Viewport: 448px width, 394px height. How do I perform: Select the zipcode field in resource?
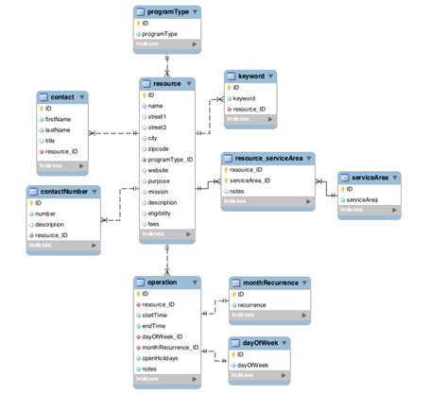160,148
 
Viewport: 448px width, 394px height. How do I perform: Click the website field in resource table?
160,171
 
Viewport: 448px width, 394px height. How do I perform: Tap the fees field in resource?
155,225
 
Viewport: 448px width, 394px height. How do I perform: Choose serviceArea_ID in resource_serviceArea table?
250,180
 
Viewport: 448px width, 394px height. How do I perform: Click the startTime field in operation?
158,316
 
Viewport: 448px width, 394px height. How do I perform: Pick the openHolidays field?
163,358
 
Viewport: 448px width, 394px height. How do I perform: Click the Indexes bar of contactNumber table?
60,246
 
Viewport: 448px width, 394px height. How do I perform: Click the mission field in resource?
158,192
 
